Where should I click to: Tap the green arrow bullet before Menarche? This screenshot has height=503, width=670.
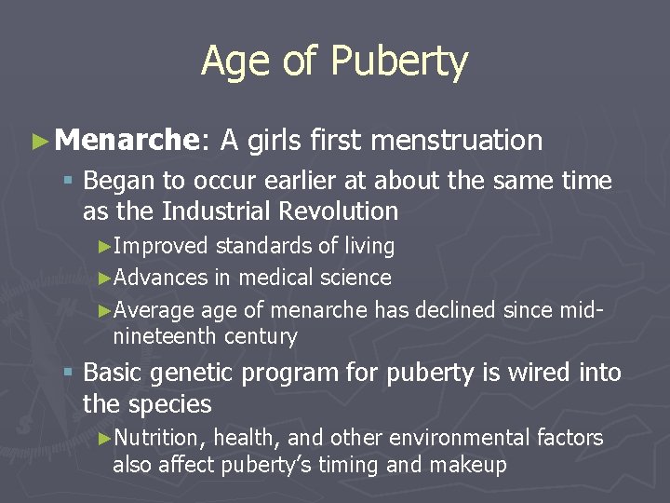point(38,142)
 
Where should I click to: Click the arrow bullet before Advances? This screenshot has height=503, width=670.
point(104,278)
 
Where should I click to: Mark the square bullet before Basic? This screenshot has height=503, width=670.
point(70,373)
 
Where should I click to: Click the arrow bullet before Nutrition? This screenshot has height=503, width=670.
point(104,438)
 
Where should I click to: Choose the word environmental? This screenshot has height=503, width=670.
point(461,438)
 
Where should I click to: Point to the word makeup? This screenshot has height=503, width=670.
point(466,465)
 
